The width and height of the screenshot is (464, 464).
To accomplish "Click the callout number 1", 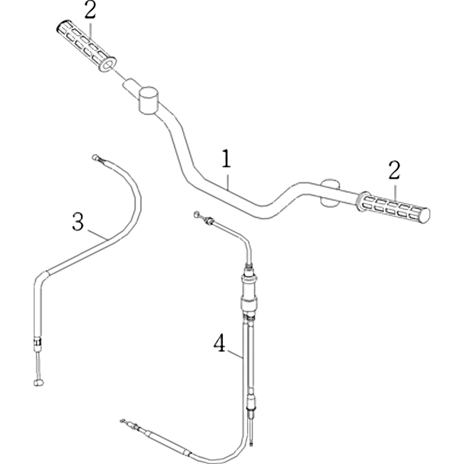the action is point(226,158).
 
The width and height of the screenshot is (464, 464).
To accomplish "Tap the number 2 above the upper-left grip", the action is point(90,10).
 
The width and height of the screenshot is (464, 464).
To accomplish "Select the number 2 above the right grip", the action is point(394,170).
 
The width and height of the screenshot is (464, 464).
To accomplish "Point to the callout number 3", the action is point(78,222).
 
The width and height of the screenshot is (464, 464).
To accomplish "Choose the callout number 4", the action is point(220,343).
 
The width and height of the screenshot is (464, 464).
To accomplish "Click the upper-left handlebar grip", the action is point(86,46).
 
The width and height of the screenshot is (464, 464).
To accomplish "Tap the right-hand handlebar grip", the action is point(394,207).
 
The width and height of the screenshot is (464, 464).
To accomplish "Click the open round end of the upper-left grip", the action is point(108,64).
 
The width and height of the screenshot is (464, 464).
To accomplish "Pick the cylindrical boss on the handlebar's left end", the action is point(148,100).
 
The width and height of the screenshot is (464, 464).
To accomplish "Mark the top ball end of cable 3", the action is point(95,157).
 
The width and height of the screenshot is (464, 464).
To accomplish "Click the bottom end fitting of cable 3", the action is point(38,383).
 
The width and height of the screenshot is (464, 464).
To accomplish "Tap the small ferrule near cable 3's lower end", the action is point(38,343).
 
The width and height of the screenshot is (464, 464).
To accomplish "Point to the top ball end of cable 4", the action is point(197,214).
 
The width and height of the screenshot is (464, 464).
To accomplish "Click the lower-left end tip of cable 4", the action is point(122,420).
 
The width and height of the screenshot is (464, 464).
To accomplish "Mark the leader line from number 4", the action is point(235,354).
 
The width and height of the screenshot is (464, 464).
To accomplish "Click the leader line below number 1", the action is point(227,181).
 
